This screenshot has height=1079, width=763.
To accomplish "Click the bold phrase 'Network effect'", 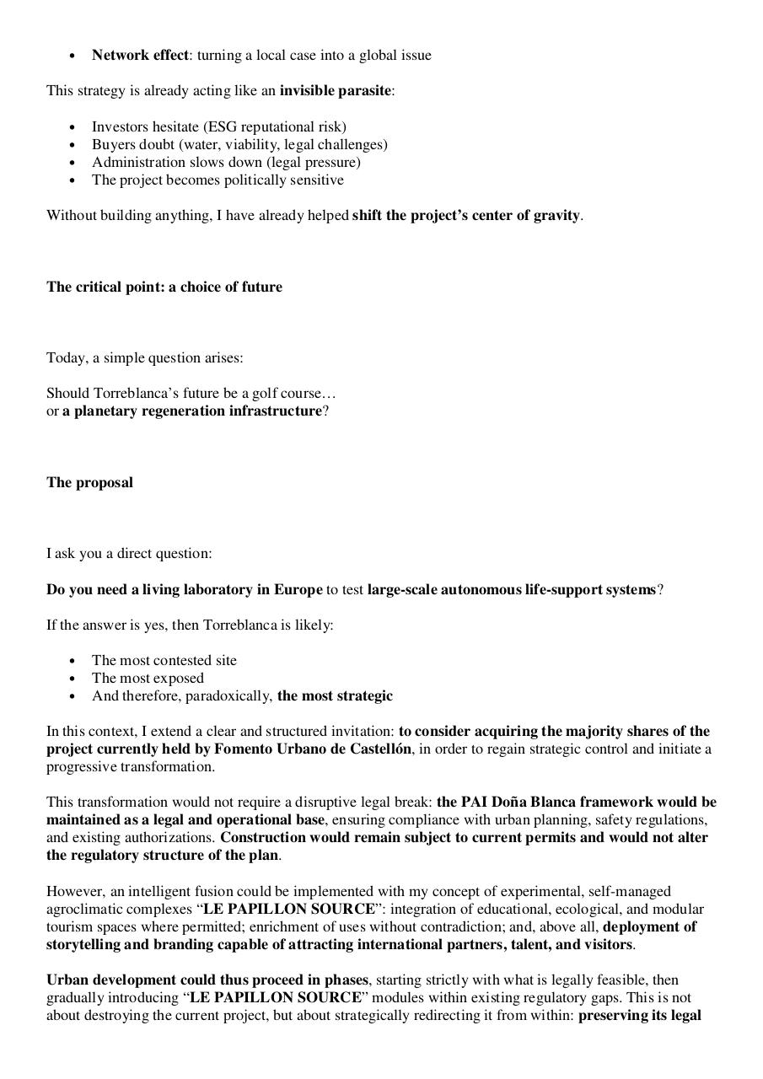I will coord(140,56).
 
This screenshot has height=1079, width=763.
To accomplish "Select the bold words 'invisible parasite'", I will coord(335,91).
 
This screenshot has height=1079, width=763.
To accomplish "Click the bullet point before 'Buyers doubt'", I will coord(73,145).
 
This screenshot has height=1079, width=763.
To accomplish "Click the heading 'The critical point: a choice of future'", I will coord(164,287).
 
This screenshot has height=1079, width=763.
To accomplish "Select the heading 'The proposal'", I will coord(89,483).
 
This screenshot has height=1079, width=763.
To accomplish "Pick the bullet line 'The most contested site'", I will coord(164,661).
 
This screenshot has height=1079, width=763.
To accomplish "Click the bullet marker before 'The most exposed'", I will coord(73,679).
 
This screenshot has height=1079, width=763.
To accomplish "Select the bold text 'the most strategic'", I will coord(335,696).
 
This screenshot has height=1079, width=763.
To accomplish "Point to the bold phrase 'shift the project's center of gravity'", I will coord(466,216).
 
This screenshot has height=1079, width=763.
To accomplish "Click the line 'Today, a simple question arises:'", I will coord(144,358).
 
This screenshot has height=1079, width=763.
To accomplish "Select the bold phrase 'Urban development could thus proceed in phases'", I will coord(207,980).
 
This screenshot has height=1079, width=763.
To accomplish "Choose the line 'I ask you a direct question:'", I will coord(129,554).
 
